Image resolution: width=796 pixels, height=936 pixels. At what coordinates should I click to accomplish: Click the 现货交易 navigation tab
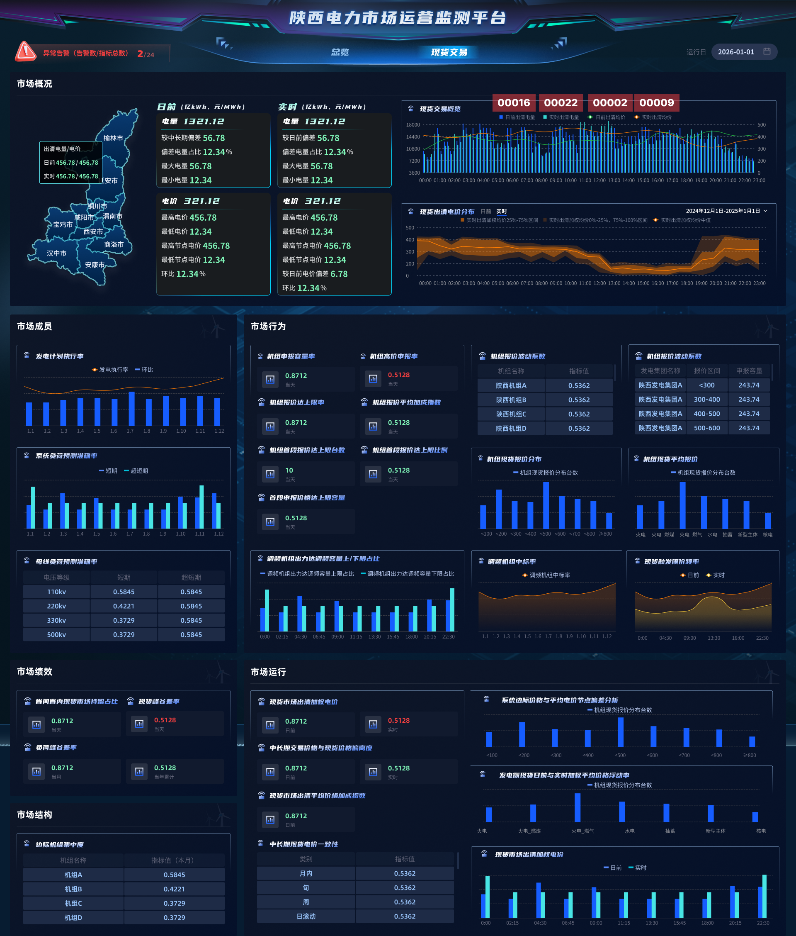[x=449, y=52]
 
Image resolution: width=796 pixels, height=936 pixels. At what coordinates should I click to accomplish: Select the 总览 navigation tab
[x=340, y=52]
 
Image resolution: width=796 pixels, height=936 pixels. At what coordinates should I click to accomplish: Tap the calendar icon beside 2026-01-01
[x=767, y=51]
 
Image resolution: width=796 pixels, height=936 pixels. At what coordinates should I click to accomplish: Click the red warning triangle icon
[x=26, y=51]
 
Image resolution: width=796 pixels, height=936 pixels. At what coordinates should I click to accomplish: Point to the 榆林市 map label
[x=113, y=138]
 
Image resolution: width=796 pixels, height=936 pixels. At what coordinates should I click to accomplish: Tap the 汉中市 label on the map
[x=56, y=253]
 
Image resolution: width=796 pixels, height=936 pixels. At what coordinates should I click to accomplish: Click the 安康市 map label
[x=95, y=265]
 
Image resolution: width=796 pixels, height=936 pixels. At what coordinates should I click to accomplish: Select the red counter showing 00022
[x=561, y=102]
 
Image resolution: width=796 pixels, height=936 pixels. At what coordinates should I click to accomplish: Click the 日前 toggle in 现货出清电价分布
[x=486, y=211]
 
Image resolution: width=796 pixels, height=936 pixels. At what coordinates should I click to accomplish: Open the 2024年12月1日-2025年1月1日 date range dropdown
[x=726, y=211]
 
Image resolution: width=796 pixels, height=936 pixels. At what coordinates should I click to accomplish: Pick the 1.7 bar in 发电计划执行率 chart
[x=131, y=409]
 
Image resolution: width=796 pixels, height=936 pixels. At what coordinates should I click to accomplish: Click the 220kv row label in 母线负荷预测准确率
[x=56, y=606]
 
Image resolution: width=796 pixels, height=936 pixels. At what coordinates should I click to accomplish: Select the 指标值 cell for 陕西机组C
[x=579, y=414]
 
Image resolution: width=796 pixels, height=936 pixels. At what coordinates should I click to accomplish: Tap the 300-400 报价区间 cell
[x=706, y=400]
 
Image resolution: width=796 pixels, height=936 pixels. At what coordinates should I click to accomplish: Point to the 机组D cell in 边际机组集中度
[x=73, y=917]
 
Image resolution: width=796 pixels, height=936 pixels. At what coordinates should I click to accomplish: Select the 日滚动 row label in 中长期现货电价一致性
[x=306, y=916]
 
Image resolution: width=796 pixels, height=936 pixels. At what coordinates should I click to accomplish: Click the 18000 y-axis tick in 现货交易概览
[x=413, y=124]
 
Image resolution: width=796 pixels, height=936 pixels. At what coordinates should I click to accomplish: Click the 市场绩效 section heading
[x=35, y=671]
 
